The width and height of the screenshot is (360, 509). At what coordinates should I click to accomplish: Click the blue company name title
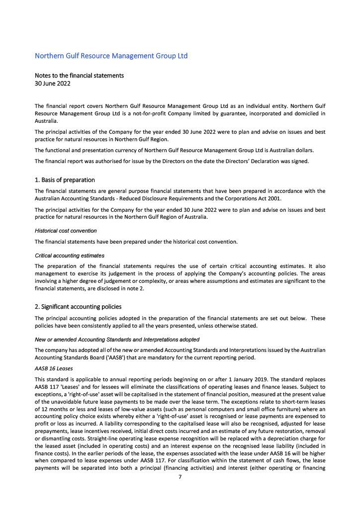111,56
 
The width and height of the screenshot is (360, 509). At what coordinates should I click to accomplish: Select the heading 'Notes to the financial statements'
79,76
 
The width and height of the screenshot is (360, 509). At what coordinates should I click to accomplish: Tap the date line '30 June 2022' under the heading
52,84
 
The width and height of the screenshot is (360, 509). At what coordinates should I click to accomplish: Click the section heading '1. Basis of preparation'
65,180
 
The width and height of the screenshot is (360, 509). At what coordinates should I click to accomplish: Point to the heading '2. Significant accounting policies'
78,307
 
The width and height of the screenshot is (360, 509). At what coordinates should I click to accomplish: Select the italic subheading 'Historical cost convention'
66,231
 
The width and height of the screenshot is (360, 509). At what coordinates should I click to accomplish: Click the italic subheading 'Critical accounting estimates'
70,255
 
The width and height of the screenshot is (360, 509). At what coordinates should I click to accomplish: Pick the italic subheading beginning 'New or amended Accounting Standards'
117,339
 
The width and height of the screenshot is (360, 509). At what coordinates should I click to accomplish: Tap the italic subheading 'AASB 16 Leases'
54,369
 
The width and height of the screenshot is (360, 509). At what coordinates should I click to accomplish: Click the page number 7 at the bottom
180,477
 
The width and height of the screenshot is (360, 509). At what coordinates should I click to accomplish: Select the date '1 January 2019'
231,380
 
